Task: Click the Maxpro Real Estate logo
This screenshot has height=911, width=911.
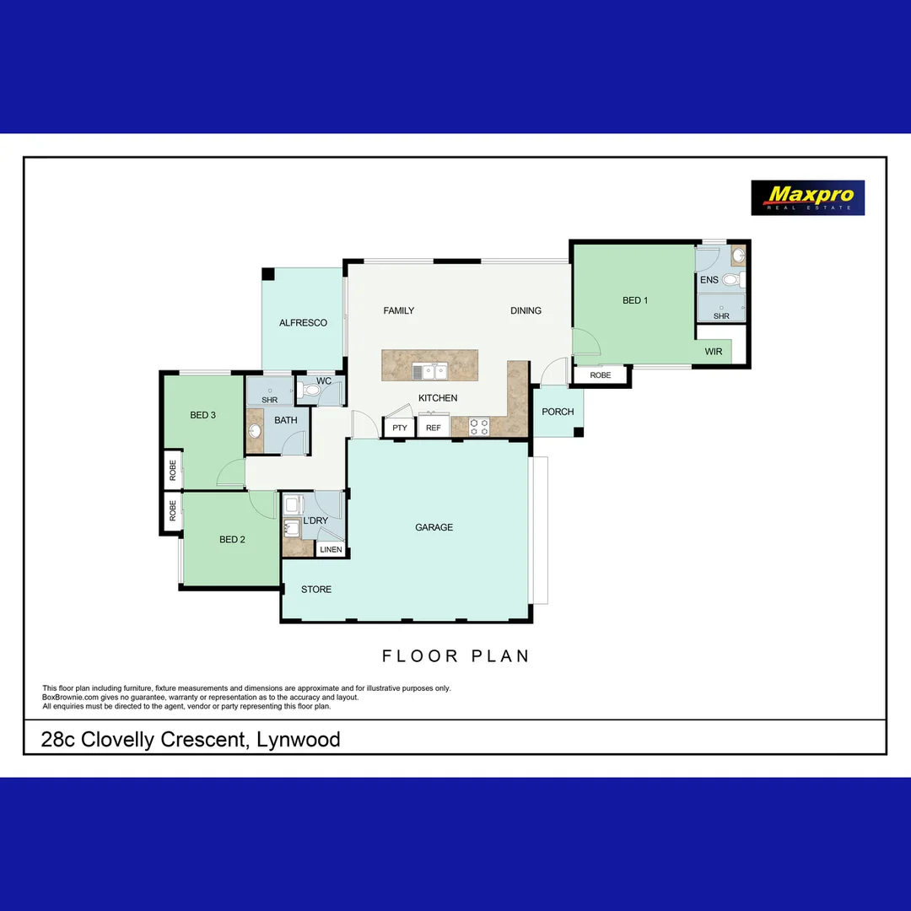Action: pos(807,197)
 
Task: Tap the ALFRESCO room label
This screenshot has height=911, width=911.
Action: pos(303,323)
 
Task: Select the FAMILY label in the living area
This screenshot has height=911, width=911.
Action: pos(399,310)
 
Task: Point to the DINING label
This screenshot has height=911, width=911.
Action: pos(526,310)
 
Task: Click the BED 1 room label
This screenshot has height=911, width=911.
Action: pos(635,300)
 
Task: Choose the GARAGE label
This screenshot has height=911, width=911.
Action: pos(434,527)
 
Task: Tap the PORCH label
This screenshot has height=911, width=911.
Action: pos(558,412)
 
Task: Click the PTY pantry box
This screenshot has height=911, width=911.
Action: pos(400,428)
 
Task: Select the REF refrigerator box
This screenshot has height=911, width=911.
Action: pos(434,428)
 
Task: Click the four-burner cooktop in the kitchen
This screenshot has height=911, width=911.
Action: pos(479,427)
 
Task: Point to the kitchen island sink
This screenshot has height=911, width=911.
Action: pos(429,370)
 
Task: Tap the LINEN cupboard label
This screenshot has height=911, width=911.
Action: pos(331,550)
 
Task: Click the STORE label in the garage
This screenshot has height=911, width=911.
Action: pos(316,590)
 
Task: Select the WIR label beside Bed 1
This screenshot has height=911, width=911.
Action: pos(714,352)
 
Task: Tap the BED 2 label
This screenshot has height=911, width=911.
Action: pos(232,540)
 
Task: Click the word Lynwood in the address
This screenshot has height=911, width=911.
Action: pos(300,741)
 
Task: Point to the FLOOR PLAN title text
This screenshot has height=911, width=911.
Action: pos(455,656)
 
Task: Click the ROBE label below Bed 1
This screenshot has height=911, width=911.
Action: pos(601,375)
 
